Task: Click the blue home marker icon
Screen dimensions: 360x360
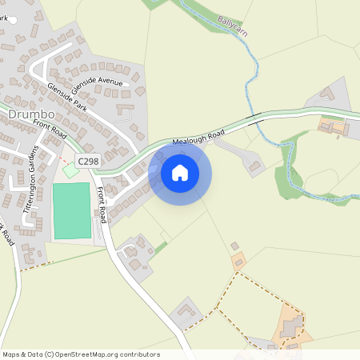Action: pyautogui.click(x=180, y=173)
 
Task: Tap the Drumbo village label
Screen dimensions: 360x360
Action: pyautogui.click(x=30, y=115)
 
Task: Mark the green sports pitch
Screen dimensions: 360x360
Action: pyautogui.click(x=72, y=210)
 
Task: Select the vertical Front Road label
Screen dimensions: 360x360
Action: pyautogui.click(x=102, y=205)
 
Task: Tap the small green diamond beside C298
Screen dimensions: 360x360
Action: pyautogui.click(x=70, y=170)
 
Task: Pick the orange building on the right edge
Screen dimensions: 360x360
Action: pyautogui.click(x=332, y=126)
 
